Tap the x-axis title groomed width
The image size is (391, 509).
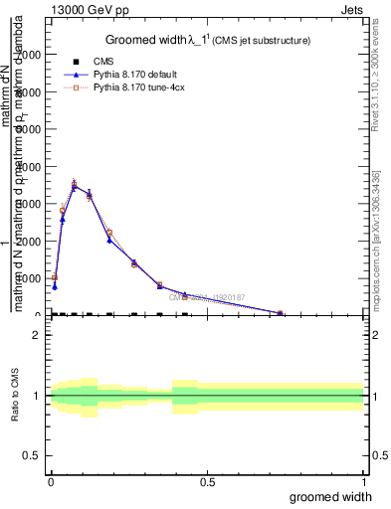coord(331,496)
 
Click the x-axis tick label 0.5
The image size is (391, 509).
coord(208,482)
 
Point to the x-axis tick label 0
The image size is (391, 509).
coord(51,482)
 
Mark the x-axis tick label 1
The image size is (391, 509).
coord(363,482)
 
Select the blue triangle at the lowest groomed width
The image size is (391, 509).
coord(55,286)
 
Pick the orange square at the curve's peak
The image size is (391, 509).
coord(75,183)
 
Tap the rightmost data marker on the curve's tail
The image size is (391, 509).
coord(280,313)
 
